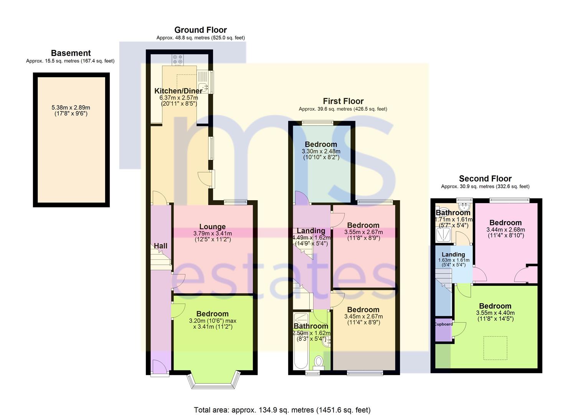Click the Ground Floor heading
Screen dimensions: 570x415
[x=200, y=30]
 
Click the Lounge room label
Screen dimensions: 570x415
[x=213, y=226]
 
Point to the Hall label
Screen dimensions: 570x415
[x=160, y=246]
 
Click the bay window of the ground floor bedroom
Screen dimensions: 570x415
[x=213, y=381]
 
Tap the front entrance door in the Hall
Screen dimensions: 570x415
[x=160, y=367]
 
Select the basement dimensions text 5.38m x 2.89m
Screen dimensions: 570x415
[x=71, y=108]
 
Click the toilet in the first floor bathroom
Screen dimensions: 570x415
[x=319, y=362]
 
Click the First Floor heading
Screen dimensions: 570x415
[x=343, y=101]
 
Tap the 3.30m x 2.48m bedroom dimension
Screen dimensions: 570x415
[x=321, y=151]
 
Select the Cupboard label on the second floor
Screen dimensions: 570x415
[x=444, y=324]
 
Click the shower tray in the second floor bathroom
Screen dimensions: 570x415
[x=443, y=235]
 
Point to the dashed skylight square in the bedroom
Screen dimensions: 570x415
[x=495, y=348]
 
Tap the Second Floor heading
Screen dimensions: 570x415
[x=485, y=179]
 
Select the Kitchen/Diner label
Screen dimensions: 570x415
[x=178, y=91]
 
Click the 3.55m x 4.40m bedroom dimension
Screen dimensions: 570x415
[x=495, y=312]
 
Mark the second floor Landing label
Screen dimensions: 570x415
[x=453, y=254]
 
